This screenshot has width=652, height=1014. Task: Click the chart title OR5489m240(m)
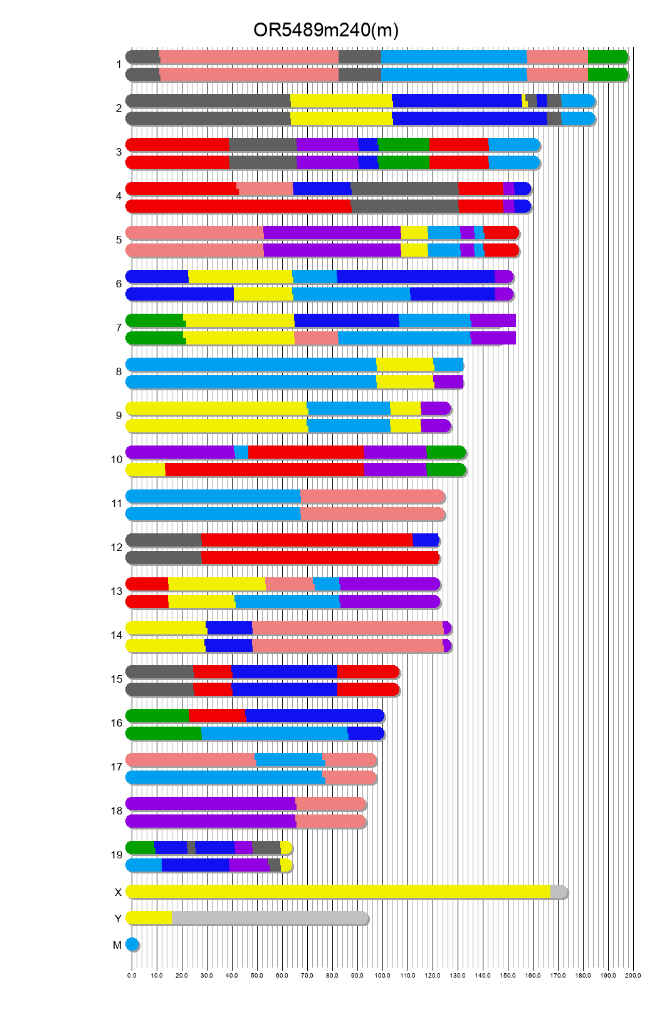325,30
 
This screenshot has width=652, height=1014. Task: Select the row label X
118,892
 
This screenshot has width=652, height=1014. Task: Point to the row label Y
118,919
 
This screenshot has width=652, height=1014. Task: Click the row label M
117,945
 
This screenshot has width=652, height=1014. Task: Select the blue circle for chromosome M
132,944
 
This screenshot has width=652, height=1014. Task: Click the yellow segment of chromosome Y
149,918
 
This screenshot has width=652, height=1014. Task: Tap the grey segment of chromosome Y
270,918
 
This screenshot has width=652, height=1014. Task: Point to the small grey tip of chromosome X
558,892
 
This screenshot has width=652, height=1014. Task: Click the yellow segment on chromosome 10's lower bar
146,470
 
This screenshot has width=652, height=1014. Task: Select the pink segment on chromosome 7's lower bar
316,338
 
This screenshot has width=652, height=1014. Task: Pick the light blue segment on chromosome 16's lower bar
275,734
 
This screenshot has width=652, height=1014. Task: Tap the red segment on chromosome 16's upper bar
217,716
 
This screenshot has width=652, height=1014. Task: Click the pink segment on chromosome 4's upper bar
265,189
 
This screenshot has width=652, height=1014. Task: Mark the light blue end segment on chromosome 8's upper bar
448,365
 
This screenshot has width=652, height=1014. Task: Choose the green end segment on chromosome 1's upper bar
607,57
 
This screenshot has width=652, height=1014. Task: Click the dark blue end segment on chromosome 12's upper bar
425,540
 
